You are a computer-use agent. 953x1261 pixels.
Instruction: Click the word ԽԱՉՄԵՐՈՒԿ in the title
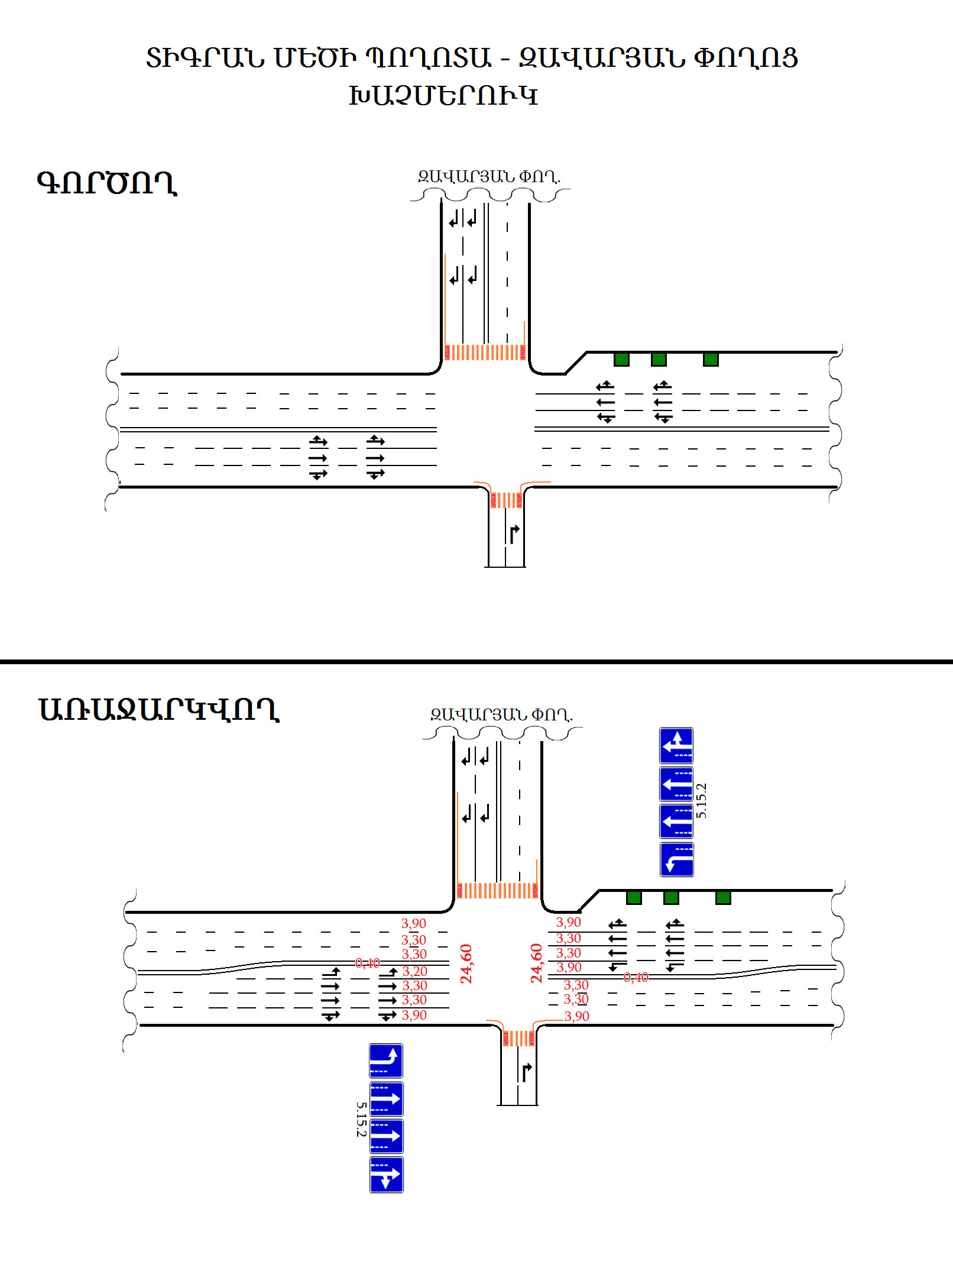pos(443,95)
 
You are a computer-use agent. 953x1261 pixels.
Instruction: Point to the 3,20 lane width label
pos(414,971)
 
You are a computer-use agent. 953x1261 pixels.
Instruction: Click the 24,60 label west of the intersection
pos(466,963)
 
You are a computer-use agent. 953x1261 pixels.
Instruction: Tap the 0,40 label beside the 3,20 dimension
pos(367,963)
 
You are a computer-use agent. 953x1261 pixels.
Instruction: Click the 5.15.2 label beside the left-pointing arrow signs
pos(701,801)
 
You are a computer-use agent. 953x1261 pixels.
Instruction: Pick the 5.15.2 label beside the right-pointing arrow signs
pos(361,1119)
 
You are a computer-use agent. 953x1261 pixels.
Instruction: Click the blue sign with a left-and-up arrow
pos(676,745)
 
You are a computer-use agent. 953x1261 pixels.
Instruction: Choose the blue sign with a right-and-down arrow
pos(386,1175)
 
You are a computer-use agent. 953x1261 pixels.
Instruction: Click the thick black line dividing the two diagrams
pos(476,661)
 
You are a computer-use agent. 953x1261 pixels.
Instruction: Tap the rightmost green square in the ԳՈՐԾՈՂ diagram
pos(711,359)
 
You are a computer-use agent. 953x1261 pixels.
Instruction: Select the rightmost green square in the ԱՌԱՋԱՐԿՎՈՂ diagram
pos(723,897)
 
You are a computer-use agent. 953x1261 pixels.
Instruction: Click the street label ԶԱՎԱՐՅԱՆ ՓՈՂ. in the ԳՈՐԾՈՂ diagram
pos(489,176)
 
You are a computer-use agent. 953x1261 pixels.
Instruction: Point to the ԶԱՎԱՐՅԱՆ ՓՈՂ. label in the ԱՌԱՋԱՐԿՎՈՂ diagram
pos(501,714)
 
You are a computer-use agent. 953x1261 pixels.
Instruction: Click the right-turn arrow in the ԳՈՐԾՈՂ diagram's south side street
pos(514,533)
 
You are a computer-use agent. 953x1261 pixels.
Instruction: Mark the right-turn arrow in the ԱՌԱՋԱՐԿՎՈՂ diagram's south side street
pos(526,1071)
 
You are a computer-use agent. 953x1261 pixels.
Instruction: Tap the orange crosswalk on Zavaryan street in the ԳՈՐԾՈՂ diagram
pos(485,353)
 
